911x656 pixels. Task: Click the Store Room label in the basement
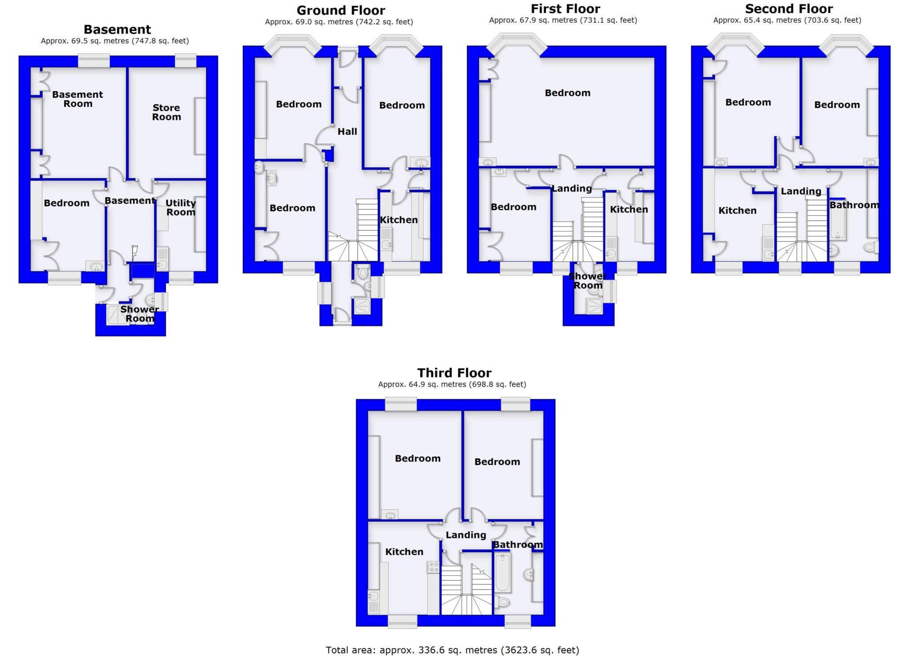166,112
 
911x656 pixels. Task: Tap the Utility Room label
181,207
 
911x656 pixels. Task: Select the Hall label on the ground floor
347,131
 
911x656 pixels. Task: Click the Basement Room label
77,99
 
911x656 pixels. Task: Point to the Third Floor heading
454,373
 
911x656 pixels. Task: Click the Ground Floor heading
341,10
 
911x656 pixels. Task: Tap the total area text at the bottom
452,650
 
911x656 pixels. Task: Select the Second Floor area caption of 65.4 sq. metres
787,20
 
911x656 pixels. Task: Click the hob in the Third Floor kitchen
433,567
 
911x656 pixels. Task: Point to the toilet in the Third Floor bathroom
503,602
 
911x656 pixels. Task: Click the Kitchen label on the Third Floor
404,551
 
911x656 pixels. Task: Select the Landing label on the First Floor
572,188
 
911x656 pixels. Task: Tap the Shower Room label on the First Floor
588,281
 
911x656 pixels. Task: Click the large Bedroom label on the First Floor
568,93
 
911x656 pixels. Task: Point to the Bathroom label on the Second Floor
854,205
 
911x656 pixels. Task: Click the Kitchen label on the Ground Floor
399,219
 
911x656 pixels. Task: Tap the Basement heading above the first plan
117,29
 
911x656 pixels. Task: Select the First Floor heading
565,8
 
